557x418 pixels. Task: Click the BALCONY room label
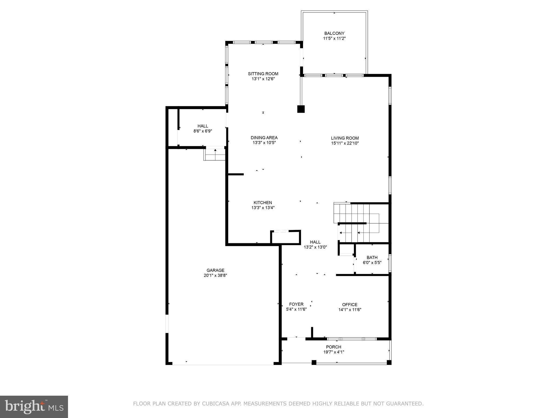coord(334,33)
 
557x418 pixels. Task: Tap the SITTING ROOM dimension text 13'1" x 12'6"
coord(263,79)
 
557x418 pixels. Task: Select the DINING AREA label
coord(264,138)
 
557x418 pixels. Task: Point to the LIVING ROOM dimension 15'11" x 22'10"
coord(345,143)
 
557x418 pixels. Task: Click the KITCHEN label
coord(263,202)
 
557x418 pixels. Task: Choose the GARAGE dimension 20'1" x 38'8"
coord(215,275)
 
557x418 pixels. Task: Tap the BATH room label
coord(372,257)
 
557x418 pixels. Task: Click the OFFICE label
coord(350,305)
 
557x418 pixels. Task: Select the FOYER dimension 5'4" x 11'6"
coord(296,309)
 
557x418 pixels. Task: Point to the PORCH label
coord(333,347)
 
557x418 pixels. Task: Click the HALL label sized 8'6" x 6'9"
coord(203,126)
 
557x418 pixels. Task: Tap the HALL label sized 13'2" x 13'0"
coord(315,242)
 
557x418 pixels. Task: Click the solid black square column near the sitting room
coord(301,109)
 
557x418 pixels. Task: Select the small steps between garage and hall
coord(215,154)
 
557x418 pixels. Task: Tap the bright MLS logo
coord(34,407)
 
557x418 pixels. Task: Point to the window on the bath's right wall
coord(390,263)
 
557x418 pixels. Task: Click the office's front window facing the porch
coord(352,339)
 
